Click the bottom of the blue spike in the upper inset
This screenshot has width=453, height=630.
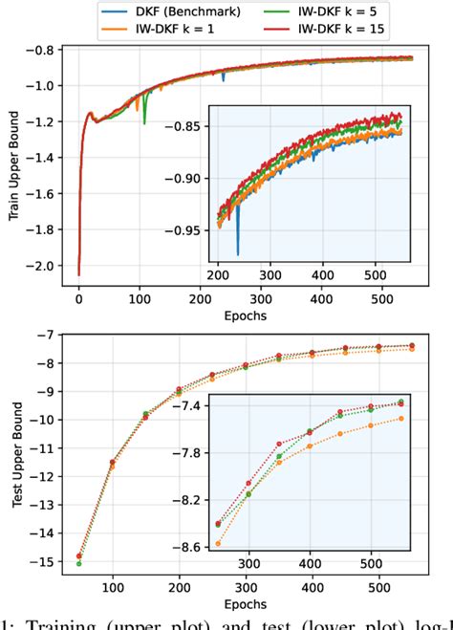(237, 253)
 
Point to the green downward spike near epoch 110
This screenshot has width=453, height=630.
(144, 122)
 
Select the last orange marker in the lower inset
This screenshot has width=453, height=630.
(400, 418)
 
